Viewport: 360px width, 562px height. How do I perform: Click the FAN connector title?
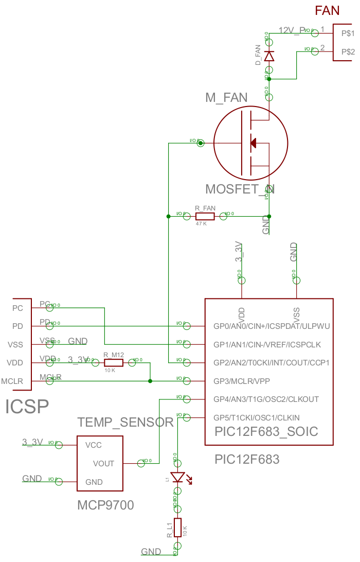pos(327,10)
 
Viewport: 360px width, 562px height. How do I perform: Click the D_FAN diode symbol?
pos(269,55)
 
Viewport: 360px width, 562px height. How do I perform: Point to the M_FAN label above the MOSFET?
pos(226,98)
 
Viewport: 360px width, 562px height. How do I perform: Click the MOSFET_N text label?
pos(240,189)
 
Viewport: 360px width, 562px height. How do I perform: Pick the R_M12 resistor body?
pos(114,362)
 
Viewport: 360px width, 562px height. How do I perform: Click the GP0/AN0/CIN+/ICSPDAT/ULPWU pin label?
pos(271,326)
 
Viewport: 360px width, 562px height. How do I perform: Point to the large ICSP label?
pos(27,407)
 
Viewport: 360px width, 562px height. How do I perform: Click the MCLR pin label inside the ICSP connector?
pos(12,381)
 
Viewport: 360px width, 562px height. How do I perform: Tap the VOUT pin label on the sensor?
pos(103,464)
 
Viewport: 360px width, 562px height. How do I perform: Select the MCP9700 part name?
pos(105,505)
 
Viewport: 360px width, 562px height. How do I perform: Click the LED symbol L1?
pos(177,478)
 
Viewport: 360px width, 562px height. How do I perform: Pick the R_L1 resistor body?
pos(177,527)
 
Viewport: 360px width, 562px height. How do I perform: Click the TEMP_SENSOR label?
pos(125,423)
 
